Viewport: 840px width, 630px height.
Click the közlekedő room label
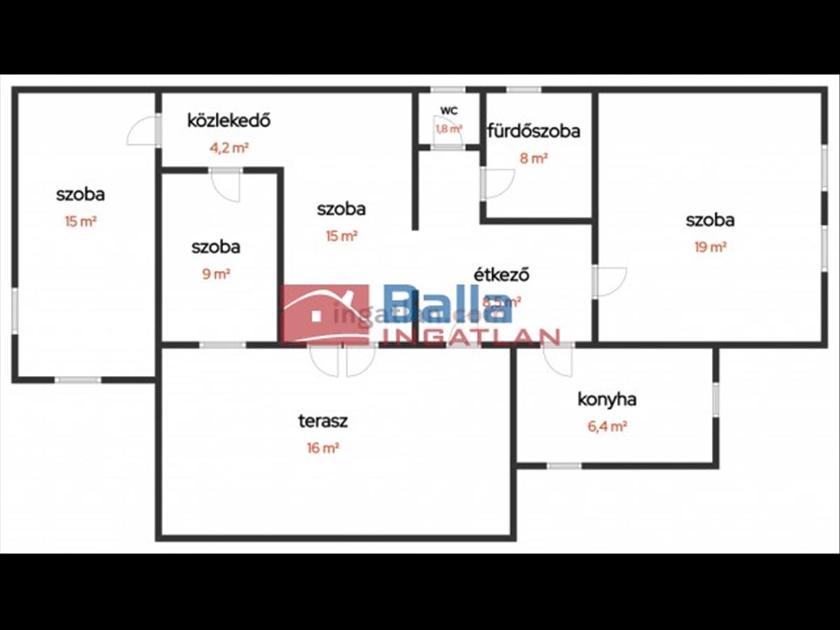pyautogui.click(x=228, y=120)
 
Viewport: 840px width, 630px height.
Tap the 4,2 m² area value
pyautogui.click(x=228, y=148)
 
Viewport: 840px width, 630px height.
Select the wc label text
pyautogui.click(x=449, y=111)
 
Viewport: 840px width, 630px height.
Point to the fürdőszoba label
pyautogui.click(x=534, y=131)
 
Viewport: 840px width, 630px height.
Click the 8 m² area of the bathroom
pyautogui.click(x=533, y=159)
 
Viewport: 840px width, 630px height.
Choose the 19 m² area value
pyautogui.click(x=710, y=247)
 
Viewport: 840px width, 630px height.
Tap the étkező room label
pyautogui.click(x=502, y=274)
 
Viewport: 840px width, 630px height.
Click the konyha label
pyautogui.click(x=607, y=400)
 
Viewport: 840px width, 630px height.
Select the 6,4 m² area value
pyautogui.click(x=607, y=426)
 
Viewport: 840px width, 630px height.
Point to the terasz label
pyautogui.click(x=323, y=421)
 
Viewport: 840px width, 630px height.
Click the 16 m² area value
pyautogui.click(x=323, y=449)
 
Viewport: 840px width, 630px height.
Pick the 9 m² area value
pyautogui.click(x=216, y=274)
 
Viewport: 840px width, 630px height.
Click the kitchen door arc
pyautogui.click(x=559, y=360)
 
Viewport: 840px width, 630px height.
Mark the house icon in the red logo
pyautogui.click(x=325, y=314)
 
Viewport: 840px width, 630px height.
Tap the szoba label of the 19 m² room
pyautogui.click(x=710, y=220)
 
